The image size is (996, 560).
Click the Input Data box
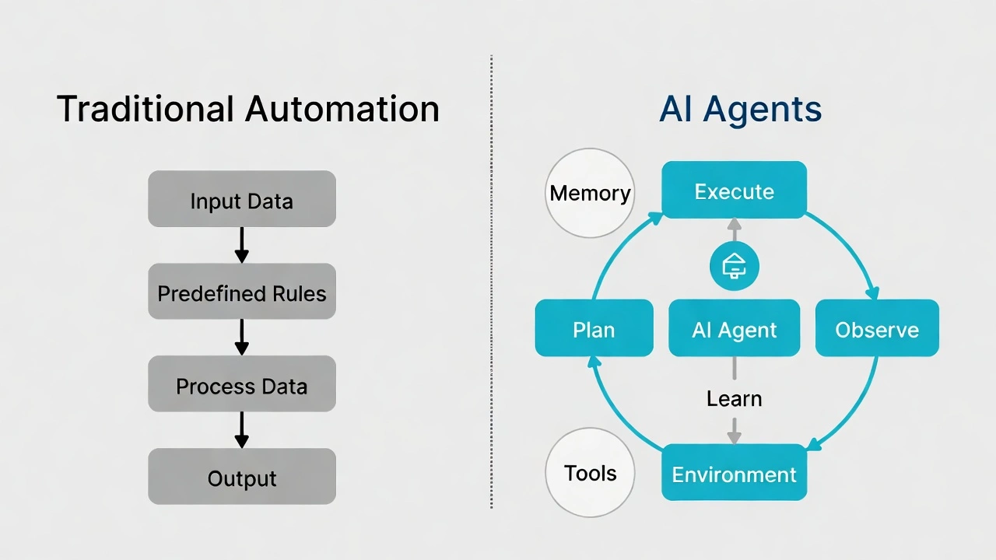pyautogui.click(x=241, y=200)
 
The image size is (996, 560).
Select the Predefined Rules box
pyautogui.click(x=241, y=292)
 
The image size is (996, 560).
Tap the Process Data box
pyautogui.click(x=241, y=384)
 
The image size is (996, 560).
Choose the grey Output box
pyautogui.click(x=241, y=476)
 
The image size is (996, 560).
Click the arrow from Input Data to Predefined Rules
pyautogui.click(x=241, y=245)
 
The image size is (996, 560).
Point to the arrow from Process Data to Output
pyautogui.click(x=241, y=429)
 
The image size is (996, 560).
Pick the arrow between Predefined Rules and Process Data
pyautogui.click(x=241, y=338)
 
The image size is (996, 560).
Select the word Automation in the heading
pyautogui.click(x=342, y=109)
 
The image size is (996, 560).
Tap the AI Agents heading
pyautogui.click(x=740, y=109)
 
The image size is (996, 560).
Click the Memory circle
pyautogui.click(x=590, y=193)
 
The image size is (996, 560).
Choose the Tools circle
pyautogui.click(x=590, y=473)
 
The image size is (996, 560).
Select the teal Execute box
pyautogui.click(x=734, y=190)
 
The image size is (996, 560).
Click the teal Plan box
pyautogui.click(x=594, y=328)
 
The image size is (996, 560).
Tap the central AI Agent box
pyautogui.click(x=734, y=328)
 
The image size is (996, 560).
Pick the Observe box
pyautogui.click(x=877, y=328)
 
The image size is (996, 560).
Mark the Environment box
pyautogui.click(x=734, y=473)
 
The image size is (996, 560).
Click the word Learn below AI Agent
pyautogui.click(x=734, y=399)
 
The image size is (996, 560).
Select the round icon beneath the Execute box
pyautogui.click(x=734, y=267)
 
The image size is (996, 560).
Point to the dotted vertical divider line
pyautogui.click(x=492, y=280)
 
